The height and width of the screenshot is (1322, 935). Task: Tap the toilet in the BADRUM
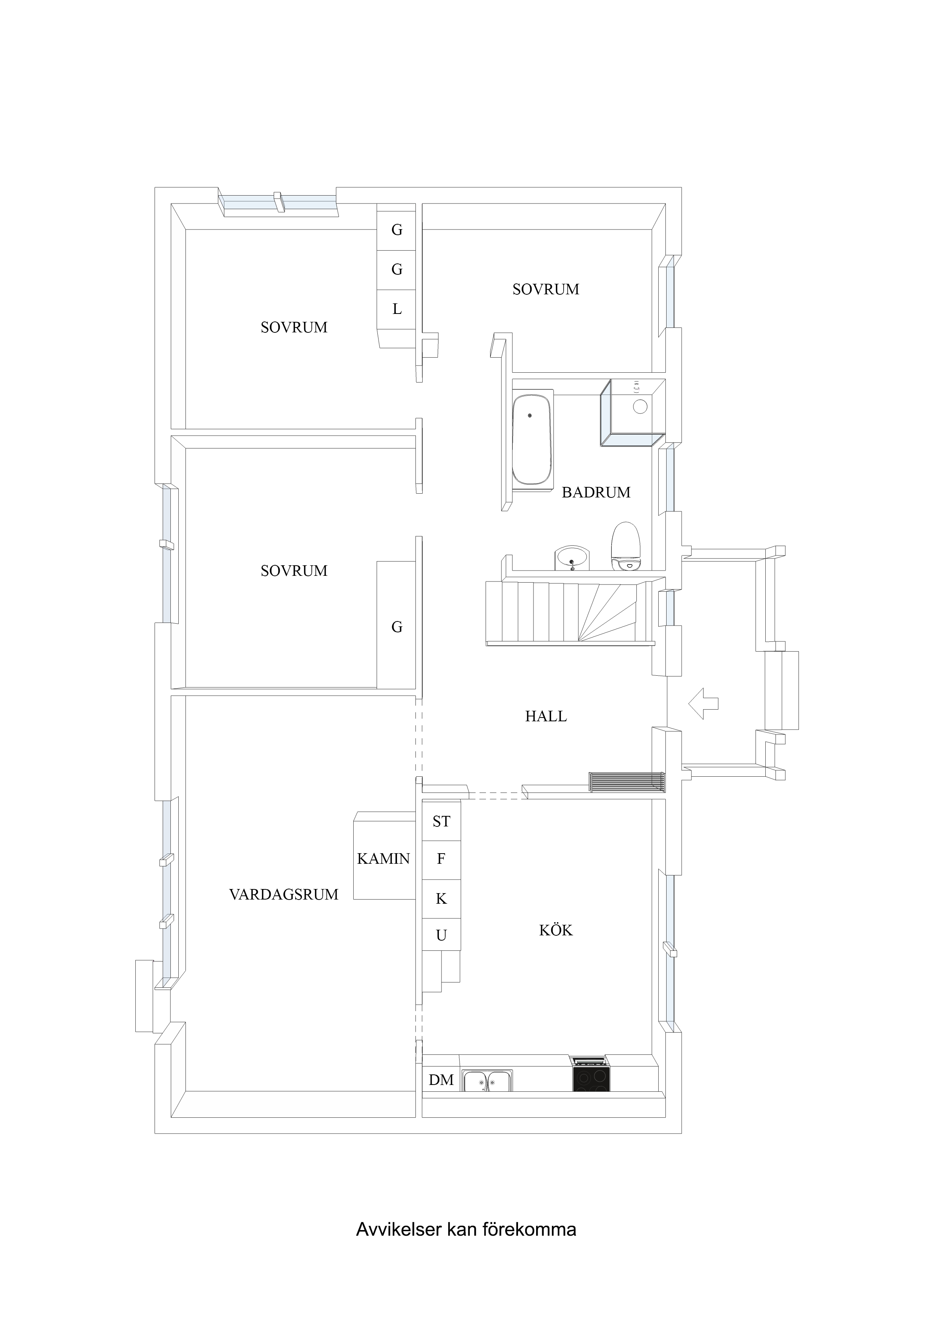click(625, 546)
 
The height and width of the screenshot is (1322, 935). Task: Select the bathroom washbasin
click(572, 558)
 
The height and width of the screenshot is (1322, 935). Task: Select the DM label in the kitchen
click(441, 1080)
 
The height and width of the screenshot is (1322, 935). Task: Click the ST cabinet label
click(441, 821)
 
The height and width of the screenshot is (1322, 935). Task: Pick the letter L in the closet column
click(397, 309)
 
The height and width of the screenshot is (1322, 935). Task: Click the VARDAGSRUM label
click(284, 894)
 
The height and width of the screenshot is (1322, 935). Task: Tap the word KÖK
click(556, 930)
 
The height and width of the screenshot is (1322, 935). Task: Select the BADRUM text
click(596, 492)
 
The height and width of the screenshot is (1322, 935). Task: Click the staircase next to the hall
click(570, 613)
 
